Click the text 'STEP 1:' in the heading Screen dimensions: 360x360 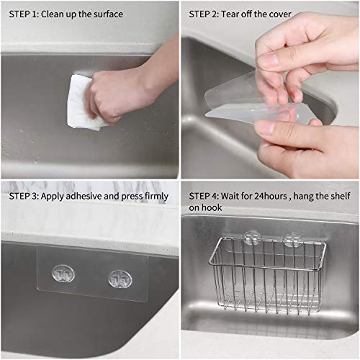point(24,14)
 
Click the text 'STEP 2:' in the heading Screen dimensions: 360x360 point(204,14)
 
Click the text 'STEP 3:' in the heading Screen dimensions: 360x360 point(24,196)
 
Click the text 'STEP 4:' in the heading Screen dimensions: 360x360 point(204,196)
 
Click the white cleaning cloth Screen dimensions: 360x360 point(81,104)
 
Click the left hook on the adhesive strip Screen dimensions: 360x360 point(63,274)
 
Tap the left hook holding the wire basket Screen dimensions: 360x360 point(251,237)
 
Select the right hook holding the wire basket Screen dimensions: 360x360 point(292,239)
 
